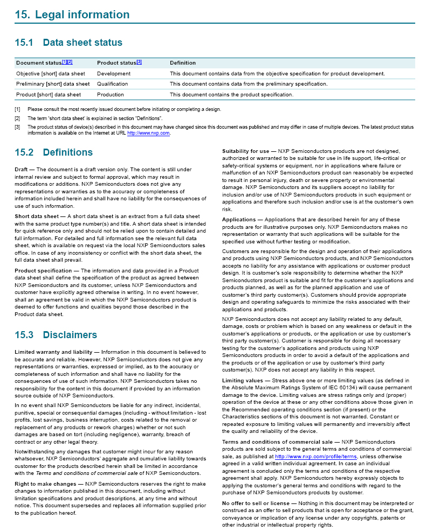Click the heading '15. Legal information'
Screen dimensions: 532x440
[x=72, y=15]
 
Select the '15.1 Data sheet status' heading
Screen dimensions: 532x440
[x=68, y=43]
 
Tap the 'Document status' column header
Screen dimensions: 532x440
[x=39, y=63]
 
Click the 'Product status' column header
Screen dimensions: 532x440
[x=116, y=63]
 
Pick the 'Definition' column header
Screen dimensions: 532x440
[x=182, y=63]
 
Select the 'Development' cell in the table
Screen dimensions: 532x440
[x=113, y=74]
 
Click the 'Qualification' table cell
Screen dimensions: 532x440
[x=112, y=84]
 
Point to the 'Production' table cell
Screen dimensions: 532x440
[x=110, y=95]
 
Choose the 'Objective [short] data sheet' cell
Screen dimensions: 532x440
[x=50, y=74]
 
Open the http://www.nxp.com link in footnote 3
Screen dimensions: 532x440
[x=148, y=132]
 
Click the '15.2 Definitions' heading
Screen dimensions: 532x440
[x=53, y=152]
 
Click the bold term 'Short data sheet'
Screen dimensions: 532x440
[x=36, y=216]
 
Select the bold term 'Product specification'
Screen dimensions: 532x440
[x=43, y=270]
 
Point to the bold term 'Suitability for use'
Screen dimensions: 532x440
[x=245, y=151]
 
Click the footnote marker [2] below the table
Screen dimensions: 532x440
[x=17, y=118]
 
